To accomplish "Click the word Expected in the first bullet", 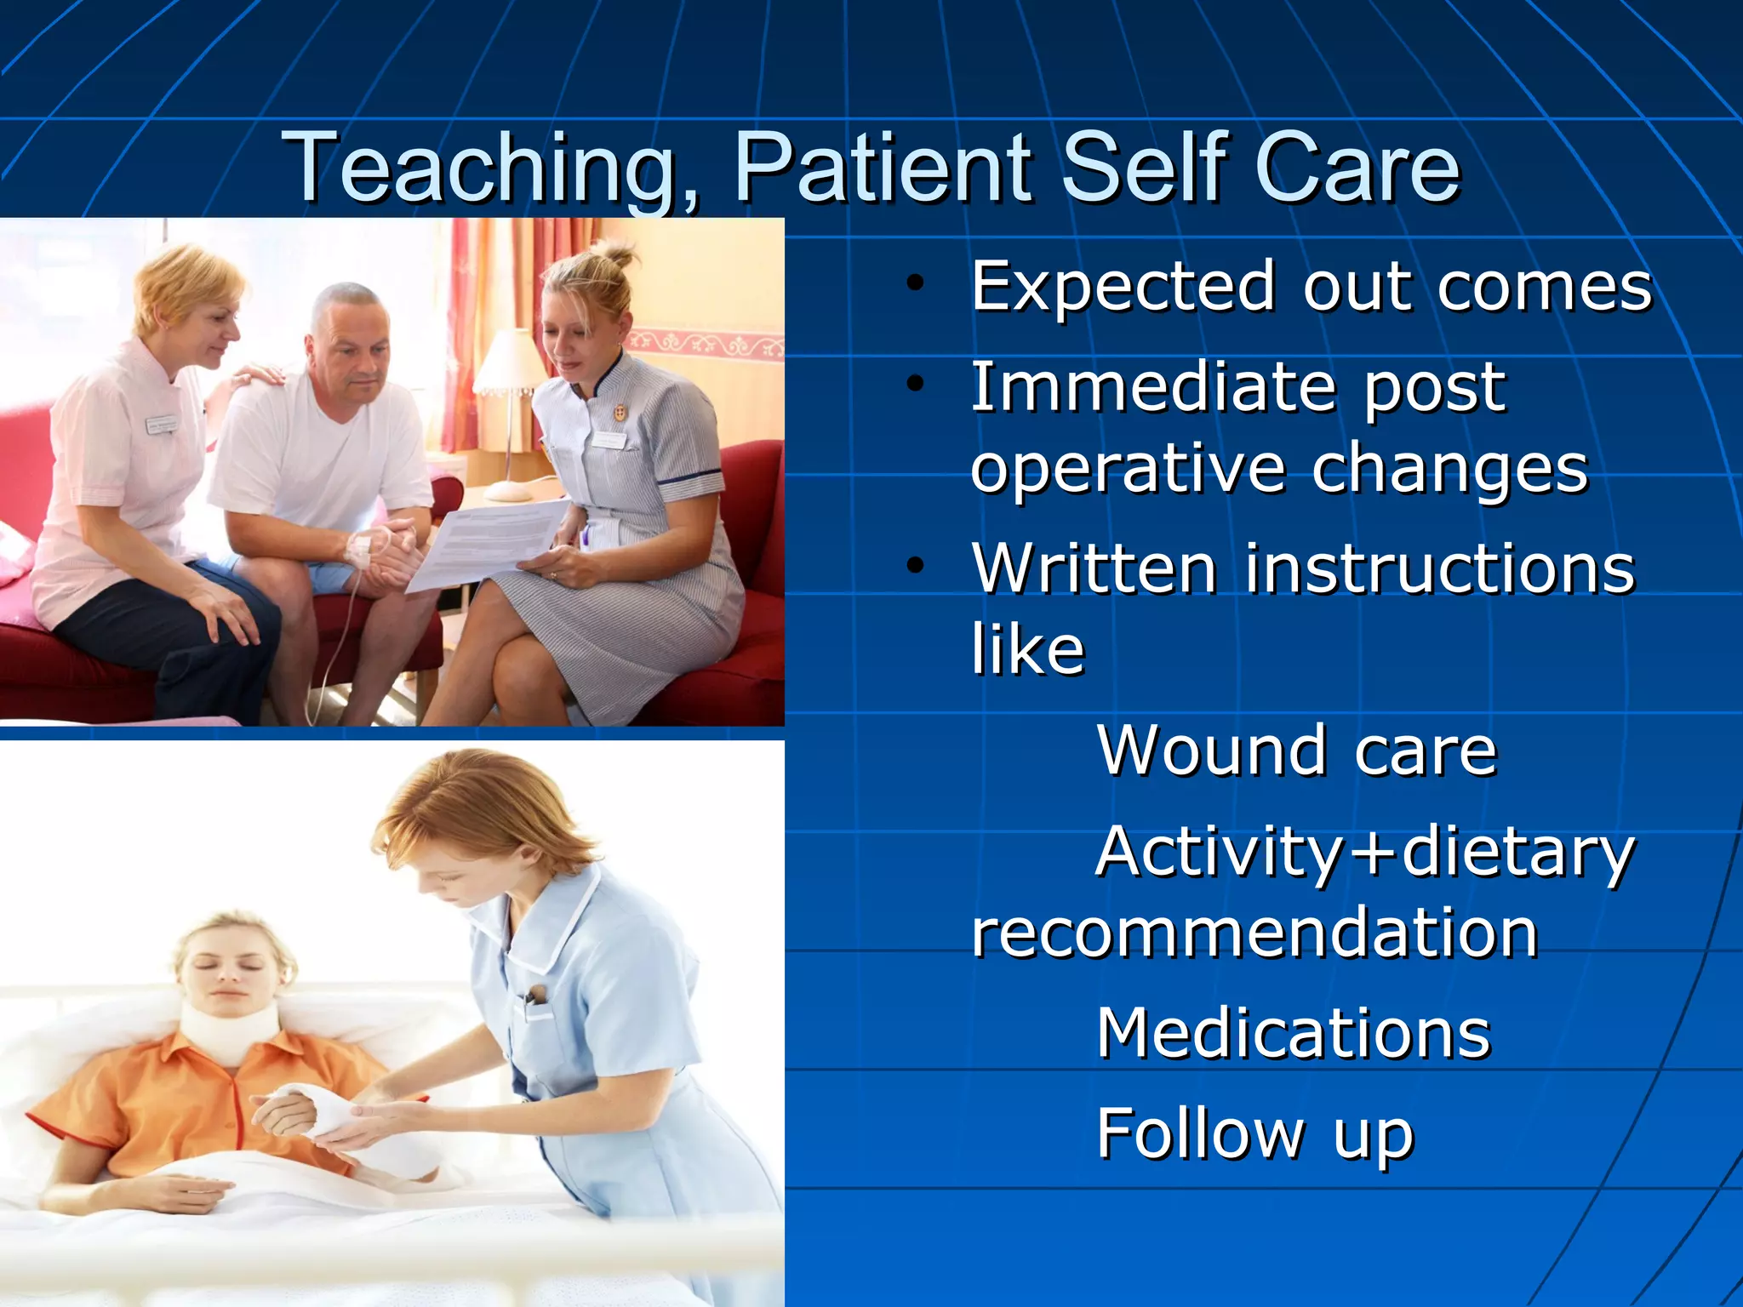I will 1123,288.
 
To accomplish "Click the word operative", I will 1128,470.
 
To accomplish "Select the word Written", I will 1094,568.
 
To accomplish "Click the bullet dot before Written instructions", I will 915,565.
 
